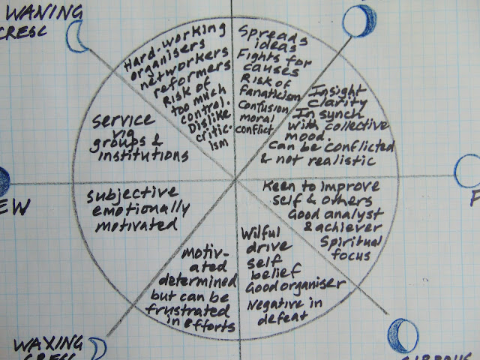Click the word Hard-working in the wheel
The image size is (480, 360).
164,46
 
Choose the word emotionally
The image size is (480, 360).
133,208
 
